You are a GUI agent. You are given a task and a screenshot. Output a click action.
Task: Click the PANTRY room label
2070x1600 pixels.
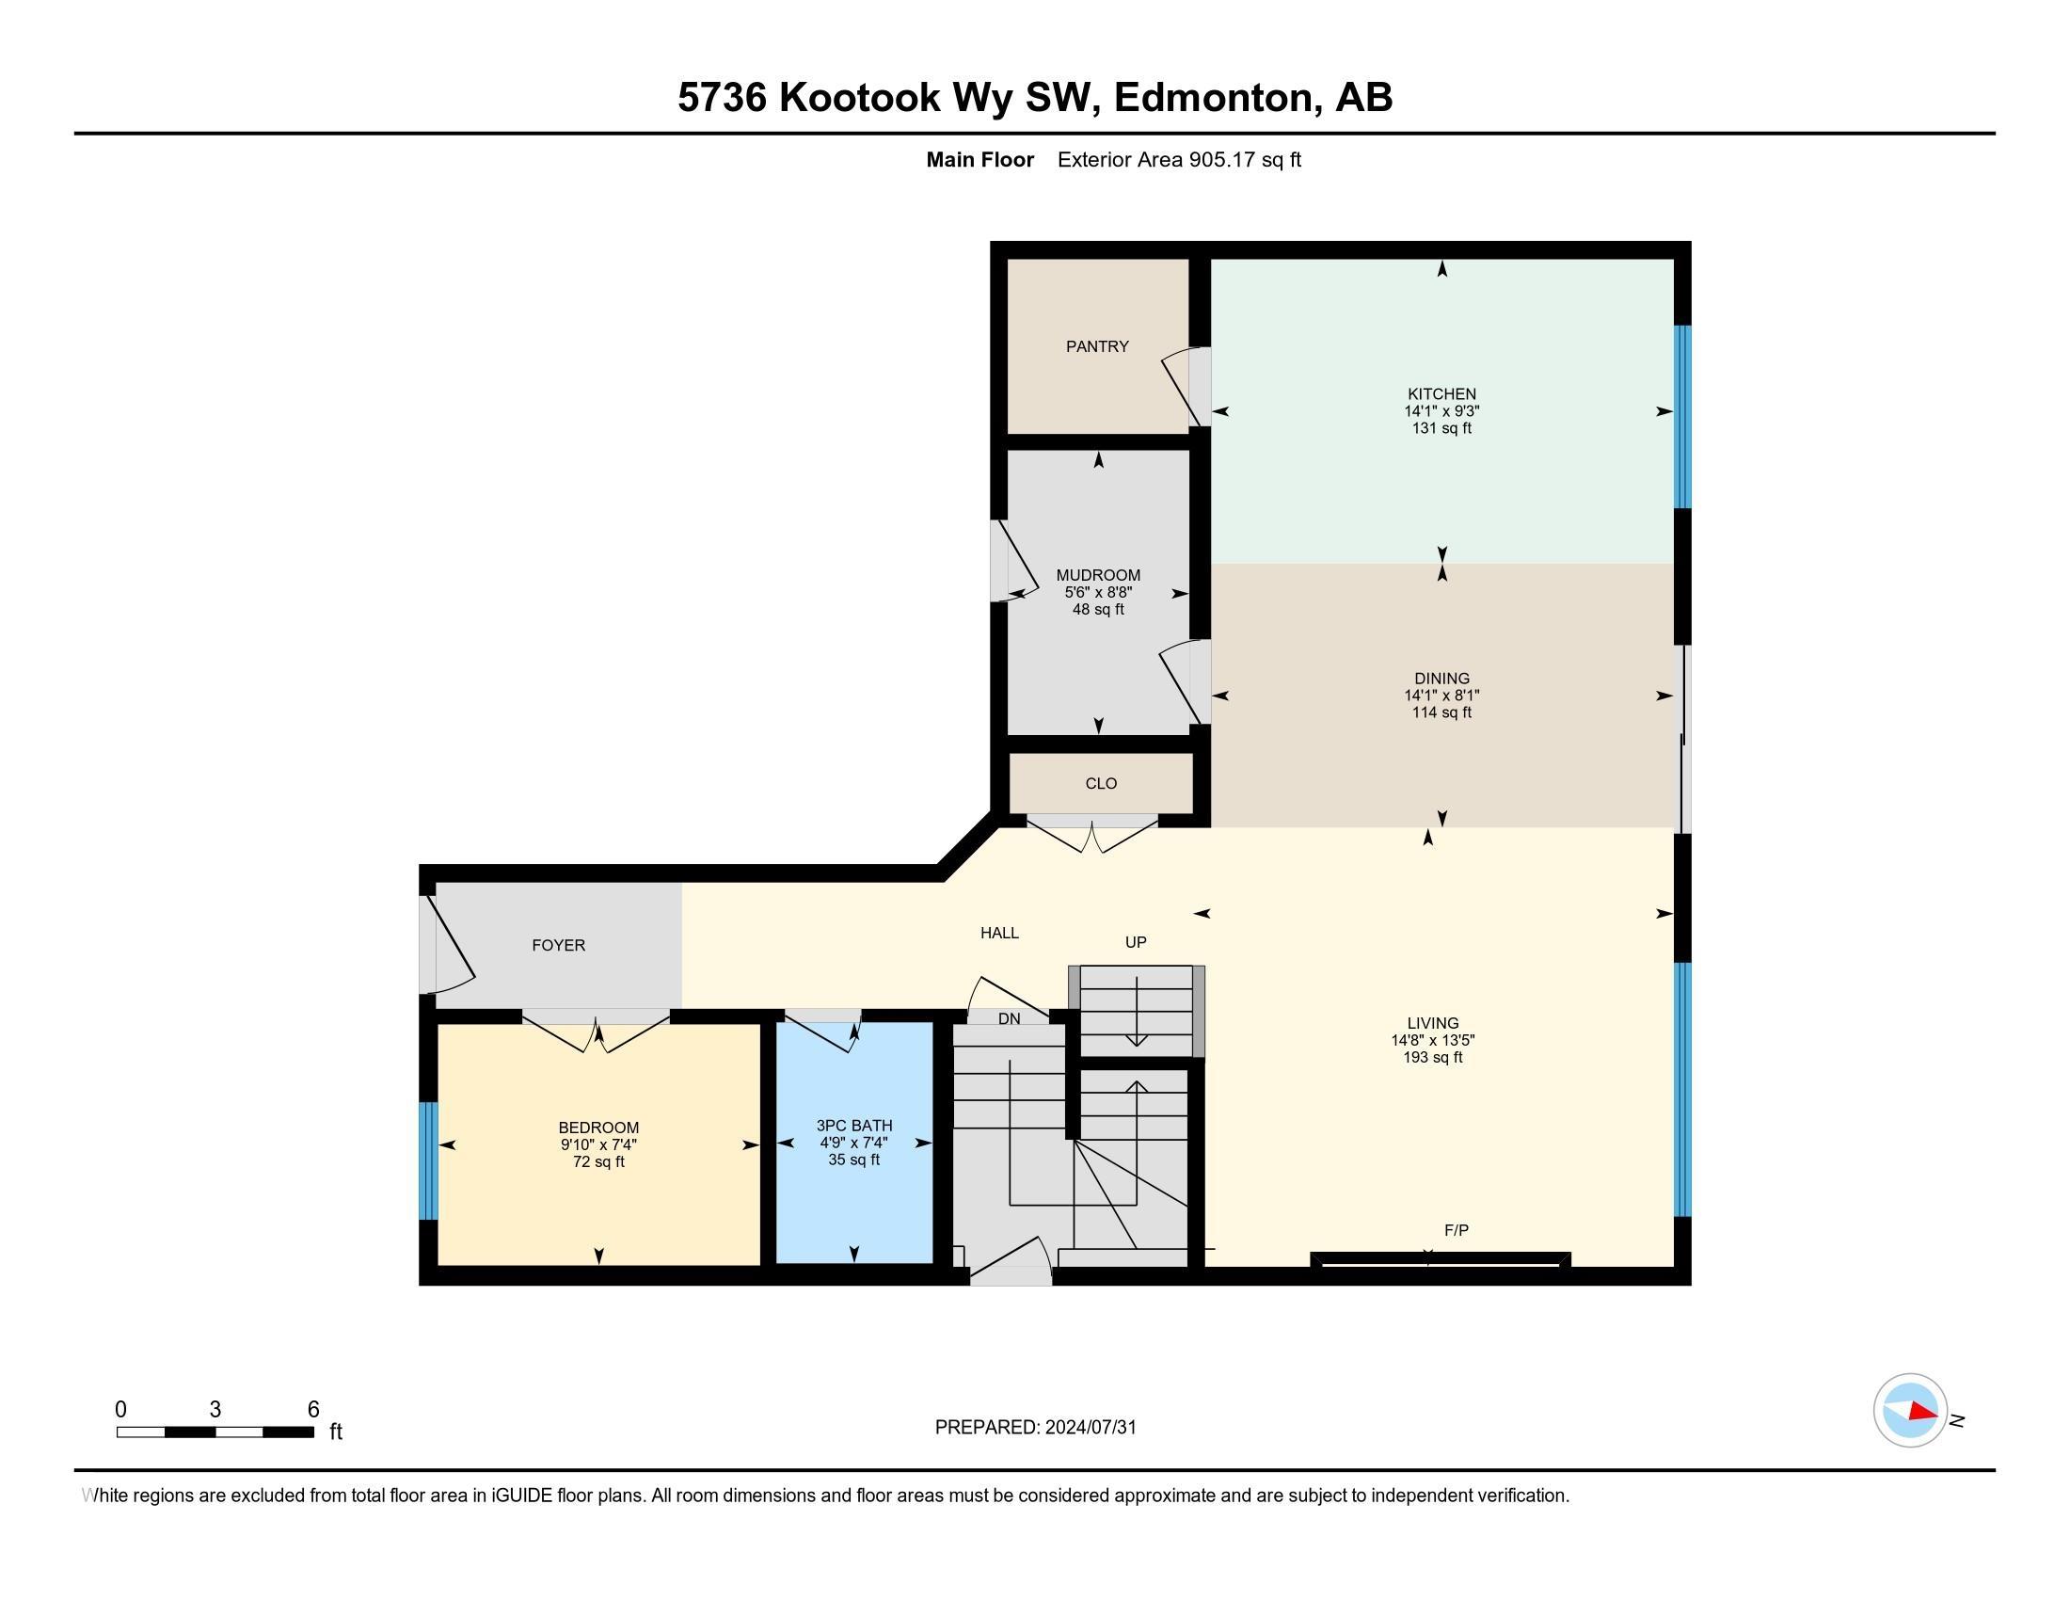point(1096,347)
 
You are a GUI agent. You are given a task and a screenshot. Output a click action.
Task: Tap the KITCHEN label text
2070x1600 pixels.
point(1441,394)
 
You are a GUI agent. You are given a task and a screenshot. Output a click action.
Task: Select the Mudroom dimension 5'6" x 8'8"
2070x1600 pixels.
point(1098,592)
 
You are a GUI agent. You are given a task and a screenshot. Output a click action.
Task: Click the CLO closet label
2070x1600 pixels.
point(1101,784)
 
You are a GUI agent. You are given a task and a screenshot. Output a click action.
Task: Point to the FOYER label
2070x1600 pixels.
point(558,946)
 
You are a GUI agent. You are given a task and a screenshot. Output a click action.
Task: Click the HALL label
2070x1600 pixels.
point(999,934)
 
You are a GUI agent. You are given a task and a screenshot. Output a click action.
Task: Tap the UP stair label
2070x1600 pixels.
point(1136,942)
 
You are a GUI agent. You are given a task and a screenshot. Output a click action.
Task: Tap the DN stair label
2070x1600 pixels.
point(1010,1019)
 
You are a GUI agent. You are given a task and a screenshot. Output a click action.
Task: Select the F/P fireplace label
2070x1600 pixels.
point(1456,1230)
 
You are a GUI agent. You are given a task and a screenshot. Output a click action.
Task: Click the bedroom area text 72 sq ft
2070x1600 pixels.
point(598,1162)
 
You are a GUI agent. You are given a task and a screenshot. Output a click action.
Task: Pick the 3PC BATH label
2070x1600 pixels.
point(854,1126)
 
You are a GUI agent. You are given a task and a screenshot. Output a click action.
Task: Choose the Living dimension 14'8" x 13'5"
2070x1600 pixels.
point(1432,1040)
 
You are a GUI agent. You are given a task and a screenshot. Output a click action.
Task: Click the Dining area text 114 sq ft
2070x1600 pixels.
point(1441,712)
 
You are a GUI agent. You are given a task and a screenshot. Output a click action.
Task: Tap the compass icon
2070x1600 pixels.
point(1910,1411)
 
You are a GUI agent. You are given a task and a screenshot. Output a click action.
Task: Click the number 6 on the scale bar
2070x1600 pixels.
point(313,1410)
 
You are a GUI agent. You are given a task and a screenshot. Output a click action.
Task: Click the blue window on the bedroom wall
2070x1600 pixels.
point(428,1160)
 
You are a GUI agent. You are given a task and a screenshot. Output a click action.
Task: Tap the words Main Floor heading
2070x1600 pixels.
point(980,160)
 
